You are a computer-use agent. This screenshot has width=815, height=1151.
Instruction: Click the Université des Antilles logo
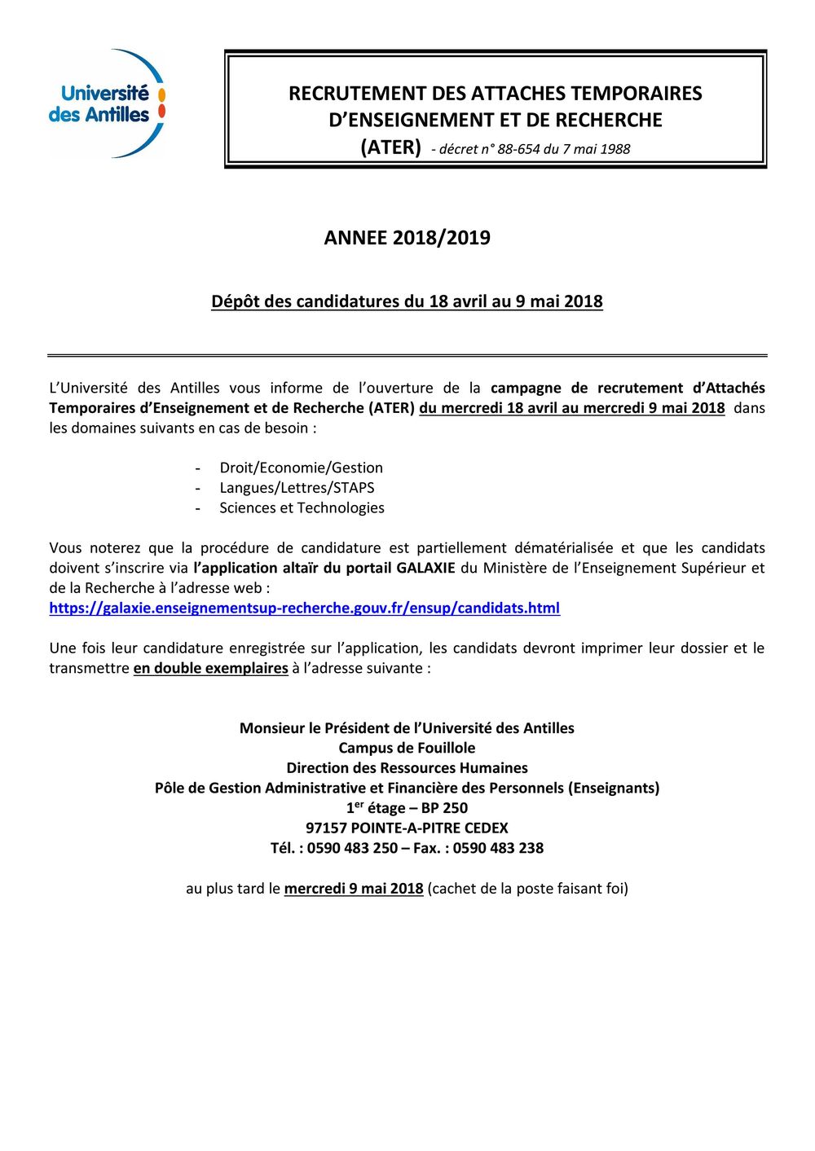(x=107, y=103)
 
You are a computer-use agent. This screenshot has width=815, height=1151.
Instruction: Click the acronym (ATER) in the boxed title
(x=390, y=147)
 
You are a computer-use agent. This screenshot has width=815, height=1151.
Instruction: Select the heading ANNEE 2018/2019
(x=407, y=238)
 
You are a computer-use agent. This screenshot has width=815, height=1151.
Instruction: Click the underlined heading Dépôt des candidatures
(x=407, y=301)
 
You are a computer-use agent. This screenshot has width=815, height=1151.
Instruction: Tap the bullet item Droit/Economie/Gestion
(x=301, y=468)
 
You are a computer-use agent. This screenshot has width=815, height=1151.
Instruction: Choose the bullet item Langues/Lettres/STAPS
(x=297, y=488)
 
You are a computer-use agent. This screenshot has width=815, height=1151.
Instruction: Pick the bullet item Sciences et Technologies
(x=302, y=507)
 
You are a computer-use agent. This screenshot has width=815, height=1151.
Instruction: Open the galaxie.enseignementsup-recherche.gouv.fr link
(x=304, y=608)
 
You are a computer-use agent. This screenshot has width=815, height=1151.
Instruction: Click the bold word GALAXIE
(x=425, y=568)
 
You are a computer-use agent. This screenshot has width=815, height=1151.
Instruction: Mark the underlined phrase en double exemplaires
(x=210, y=668)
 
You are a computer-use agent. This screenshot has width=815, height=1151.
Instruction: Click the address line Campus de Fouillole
(x=407, y=748)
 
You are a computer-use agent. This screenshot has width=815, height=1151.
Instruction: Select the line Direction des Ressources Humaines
(x=407, y=767)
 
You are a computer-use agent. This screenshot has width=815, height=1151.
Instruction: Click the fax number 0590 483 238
(x=498, y=848)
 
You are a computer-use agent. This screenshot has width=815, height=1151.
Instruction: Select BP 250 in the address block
(x=444, y=808)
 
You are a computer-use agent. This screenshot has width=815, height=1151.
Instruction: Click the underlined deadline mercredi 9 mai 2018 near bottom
(x=353, y=889)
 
